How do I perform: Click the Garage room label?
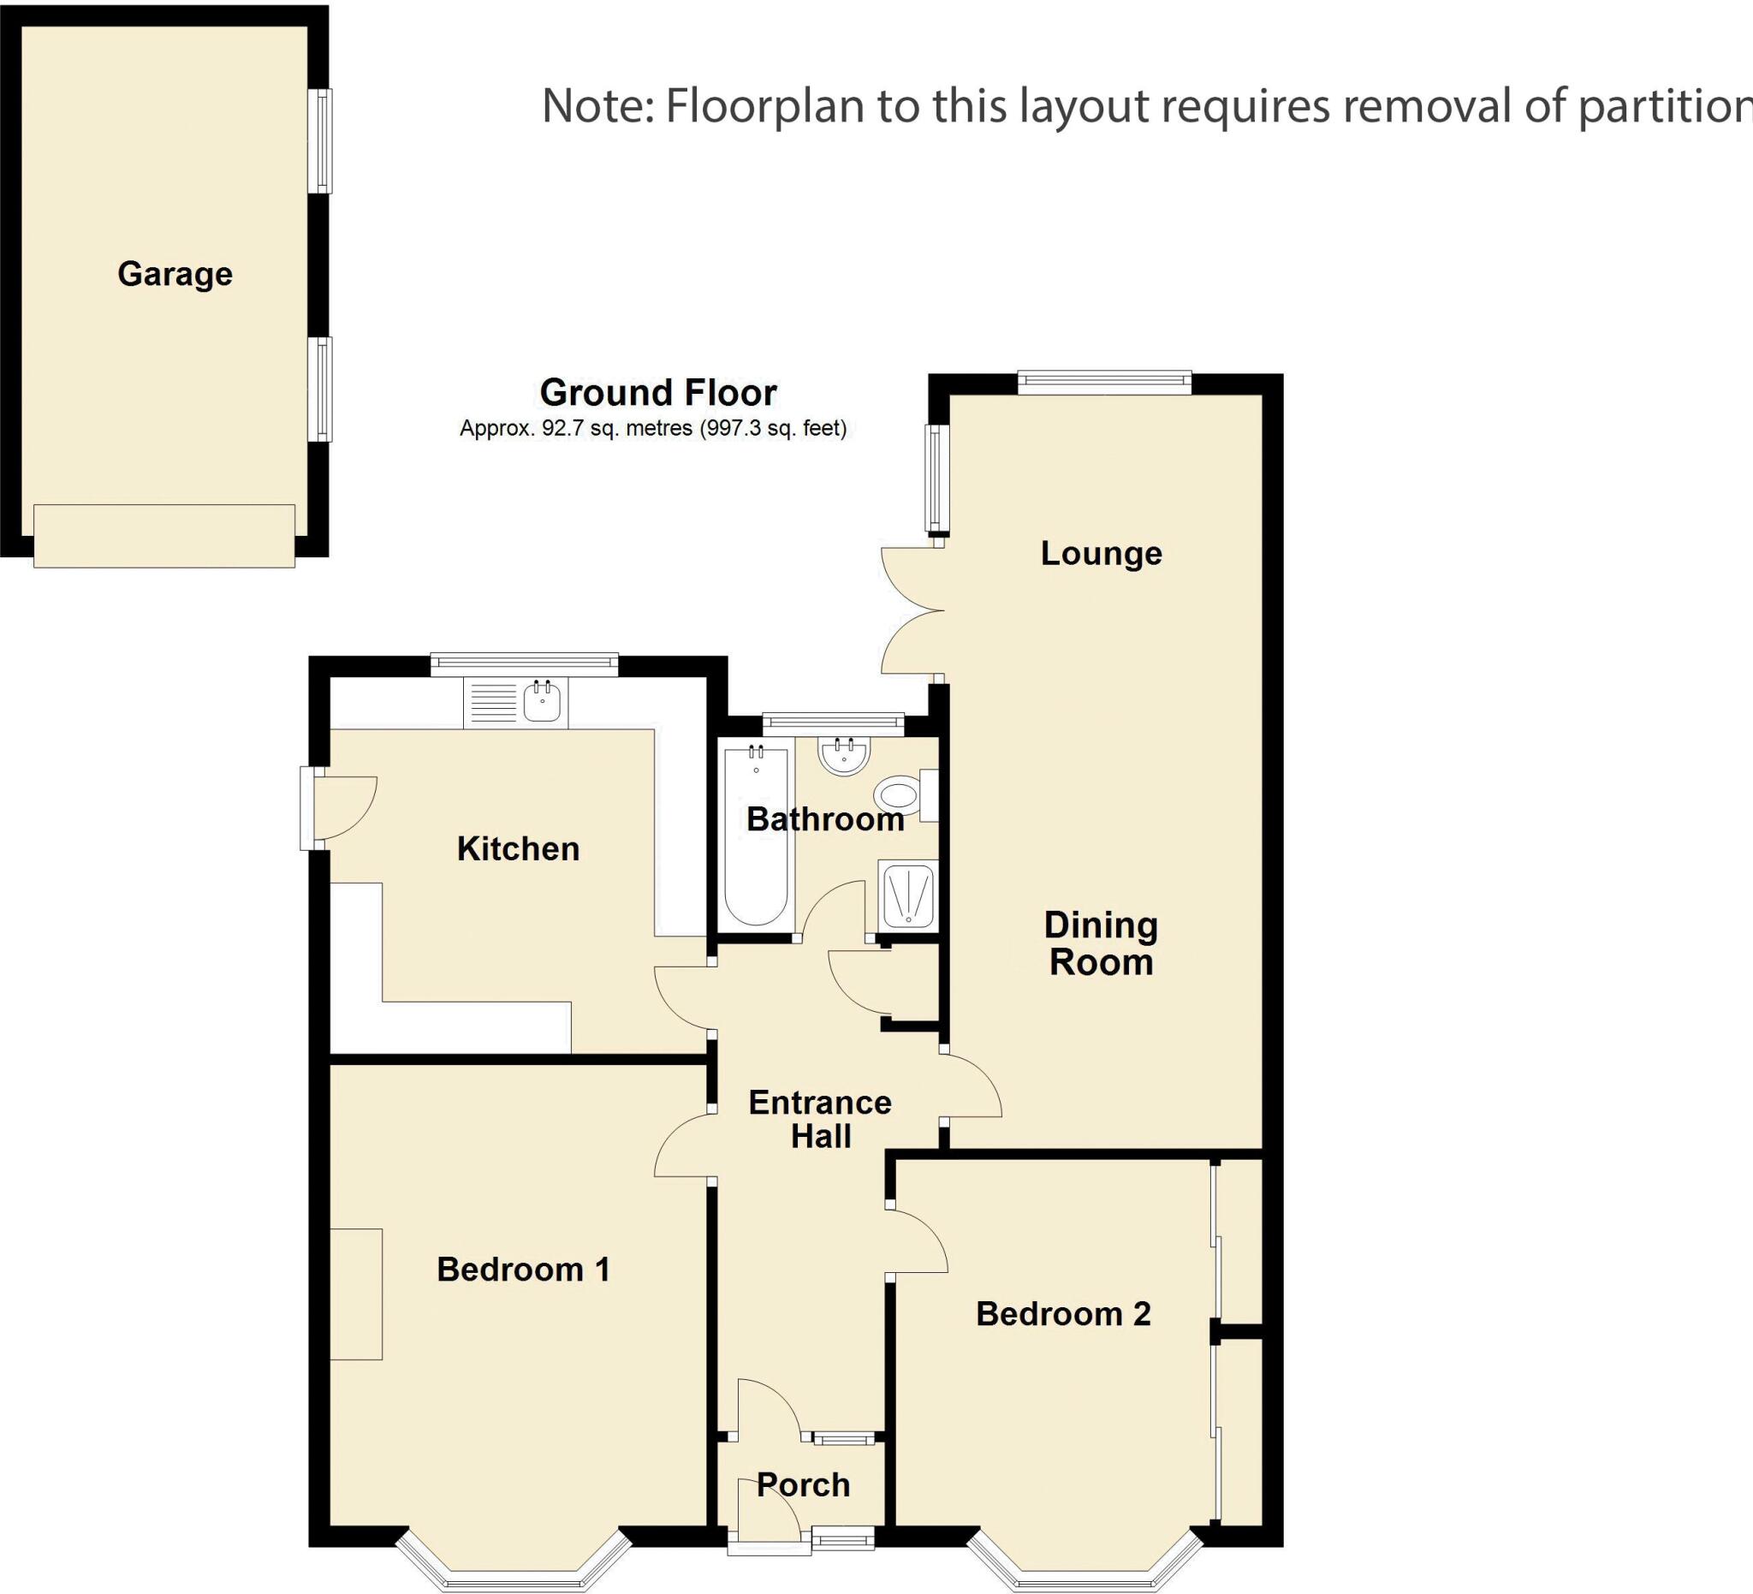click(175, 274)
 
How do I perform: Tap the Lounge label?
click(1101, 553)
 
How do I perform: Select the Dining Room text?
click(1101, 943)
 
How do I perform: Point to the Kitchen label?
click(518, 848)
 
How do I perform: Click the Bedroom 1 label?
click(523, 1270)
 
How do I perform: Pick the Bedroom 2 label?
click(1062, 1314)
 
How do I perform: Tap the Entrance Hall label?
click(820, 1119)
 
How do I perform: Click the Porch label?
click(804, 1485)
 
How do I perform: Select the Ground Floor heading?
click(658, 393)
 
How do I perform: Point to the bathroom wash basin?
click(843, 756)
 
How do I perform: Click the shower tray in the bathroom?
click(908, 895)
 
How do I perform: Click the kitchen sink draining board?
click(493, 703)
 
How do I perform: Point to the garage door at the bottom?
click(164, 536)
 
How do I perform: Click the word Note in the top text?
click(596, 106)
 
